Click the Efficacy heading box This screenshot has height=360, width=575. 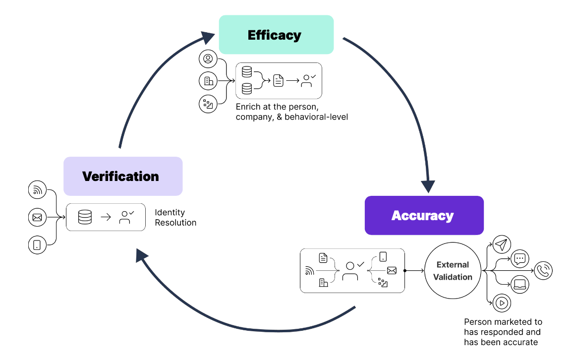point(276,35)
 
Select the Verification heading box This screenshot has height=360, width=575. point(123,176)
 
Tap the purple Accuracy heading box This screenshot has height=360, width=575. point(424,215)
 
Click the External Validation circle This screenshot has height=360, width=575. point(453,271)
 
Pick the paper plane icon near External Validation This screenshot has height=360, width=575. point(502,245)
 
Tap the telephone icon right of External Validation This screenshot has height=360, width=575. point(543,271)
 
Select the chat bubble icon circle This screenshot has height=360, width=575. point(519,258)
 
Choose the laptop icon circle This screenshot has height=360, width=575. point(519,285)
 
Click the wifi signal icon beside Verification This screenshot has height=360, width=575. point(37,190)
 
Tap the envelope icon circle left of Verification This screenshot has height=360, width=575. point(37,217)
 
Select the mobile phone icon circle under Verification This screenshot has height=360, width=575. point(37,244)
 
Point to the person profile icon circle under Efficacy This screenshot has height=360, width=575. point(208,59)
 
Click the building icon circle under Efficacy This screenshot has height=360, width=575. point(208,81)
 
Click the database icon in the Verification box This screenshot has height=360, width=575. point(85,217)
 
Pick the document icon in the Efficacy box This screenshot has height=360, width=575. point(279,80)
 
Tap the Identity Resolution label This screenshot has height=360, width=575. point(175,218)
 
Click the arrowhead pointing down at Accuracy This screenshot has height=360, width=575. point(428,185)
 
